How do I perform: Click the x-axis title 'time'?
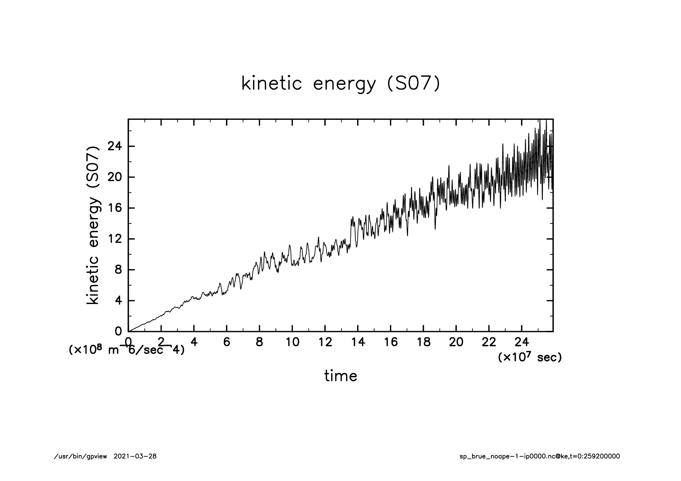[x=340, y=376]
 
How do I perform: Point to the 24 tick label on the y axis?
[x=115, y=146]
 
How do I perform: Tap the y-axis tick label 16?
[x=115, y=208]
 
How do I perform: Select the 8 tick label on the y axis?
[x=118, y=270]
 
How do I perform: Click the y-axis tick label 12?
[x=115, y=239]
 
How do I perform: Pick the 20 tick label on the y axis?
[x=115, y=177]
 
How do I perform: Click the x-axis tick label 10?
[x=292, y=342]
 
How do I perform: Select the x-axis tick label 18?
[x=423, y=342]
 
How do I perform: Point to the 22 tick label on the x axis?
[x=489, y=342]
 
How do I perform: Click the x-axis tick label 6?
[x=227, y=342]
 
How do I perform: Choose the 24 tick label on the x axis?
[x=522, y=342]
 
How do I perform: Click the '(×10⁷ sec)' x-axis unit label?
[x=530, y=357]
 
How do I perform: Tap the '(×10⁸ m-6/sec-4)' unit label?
[x=126, y=350]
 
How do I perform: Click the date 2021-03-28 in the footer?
[x=135, y=456]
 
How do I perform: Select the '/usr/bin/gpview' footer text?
[x=81, y=456]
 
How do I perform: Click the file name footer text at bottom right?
[x=539, y=456]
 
